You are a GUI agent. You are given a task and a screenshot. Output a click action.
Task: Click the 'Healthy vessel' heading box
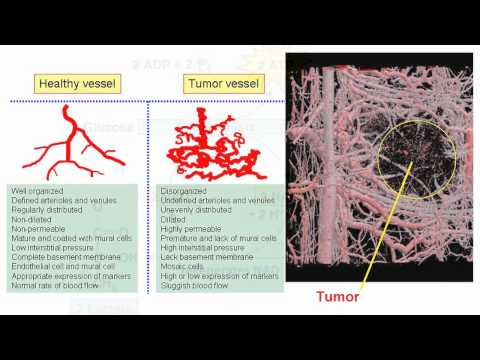point(72,85)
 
